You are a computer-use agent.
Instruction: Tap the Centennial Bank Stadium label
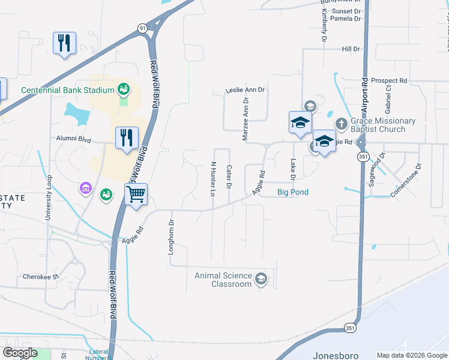(x=67, y=90)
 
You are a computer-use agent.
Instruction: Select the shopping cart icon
(x=136, y=194)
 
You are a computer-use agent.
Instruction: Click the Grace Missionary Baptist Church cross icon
(x=340, y=124)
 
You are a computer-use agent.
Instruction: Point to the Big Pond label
(x=293, y=192)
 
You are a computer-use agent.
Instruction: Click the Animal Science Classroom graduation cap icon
(x=261, y=279)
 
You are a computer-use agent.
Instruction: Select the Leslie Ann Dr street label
(x=245, y=90)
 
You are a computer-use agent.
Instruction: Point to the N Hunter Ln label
(x=212, y=178)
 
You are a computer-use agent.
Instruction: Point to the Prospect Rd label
(x=389, y=80)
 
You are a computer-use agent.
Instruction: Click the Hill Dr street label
(x=351, y=49)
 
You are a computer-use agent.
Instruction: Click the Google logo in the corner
(x=20, y=353)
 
